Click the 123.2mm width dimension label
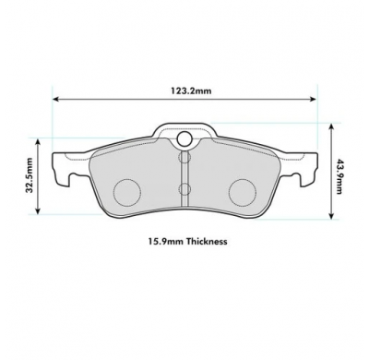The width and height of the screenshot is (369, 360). pos(191,90)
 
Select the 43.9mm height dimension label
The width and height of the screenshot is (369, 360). pos(339,176)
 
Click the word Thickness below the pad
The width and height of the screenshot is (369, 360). pos(207,241)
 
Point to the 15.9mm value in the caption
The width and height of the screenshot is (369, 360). pos(166,241)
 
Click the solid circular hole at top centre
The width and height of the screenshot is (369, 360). pos(184,138)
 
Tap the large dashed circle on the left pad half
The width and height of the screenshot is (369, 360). pos(127,192)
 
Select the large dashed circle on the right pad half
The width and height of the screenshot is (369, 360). pos(243,192)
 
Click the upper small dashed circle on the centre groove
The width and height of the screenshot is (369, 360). pos(184,157)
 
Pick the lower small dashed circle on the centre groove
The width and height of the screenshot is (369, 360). pos(184,188)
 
